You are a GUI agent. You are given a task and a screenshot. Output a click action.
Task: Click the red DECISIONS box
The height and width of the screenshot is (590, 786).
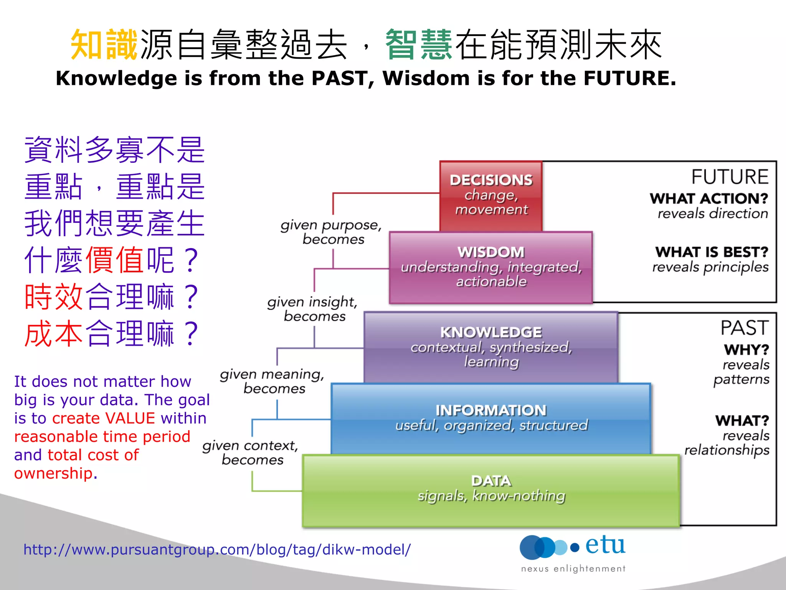point(491,196)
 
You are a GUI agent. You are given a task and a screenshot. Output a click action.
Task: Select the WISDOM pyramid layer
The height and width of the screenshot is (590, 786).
point(491,267)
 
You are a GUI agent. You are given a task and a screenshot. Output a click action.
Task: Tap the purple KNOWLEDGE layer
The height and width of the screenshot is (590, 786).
point(491,347)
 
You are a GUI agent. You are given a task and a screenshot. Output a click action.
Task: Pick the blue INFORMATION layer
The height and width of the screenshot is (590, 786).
point(491,418)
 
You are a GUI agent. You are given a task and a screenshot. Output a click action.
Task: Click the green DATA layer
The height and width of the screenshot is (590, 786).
point(491,490)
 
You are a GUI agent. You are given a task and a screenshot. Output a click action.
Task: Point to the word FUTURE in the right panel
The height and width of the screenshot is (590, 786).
point(730,177)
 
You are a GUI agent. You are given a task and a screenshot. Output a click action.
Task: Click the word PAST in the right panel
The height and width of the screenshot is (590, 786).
point(744,328)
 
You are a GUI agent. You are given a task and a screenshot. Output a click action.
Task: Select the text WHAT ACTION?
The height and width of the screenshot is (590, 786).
point(709,199)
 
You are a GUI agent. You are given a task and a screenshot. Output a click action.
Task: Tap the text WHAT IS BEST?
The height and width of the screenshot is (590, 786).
point(712,252)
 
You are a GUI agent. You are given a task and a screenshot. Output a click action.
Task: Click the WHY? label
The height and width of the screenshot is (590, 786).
point(746,350)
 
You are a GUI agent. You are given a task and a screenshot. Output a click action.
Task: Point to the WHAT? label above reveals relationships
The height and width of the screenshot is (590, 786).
point(742,421)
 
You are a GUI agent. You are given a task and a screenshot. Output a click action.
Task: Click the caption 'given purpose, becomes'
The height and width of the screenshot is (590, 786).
point(332,232)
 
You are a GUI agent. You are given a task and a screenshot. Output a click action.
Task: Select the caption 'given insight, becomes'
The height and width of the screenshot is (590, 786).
point(313,309)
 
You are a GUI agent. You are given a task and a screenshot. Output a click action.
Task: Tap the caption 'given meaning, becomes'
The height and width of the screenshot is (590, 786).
point(272,381)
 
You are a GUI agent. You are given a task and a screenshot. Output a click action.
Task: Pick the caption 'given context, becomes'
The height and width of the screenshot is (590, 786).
point(251,452)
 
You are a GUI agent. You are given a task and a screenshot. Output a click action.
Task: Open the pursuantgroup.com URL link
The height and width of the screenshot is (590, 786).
point(217,550)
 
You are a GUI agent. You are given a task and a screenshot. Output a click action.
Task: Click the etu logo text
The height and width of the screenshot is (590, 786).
point(605,545)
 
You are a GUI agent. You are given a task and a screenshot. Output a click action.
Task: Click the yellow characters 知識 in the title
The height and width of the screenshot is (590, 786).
point(104,45)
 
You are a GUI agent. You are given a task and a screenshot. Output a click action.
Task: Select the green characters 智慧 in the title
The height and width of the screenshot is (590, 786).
point(419,45)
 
